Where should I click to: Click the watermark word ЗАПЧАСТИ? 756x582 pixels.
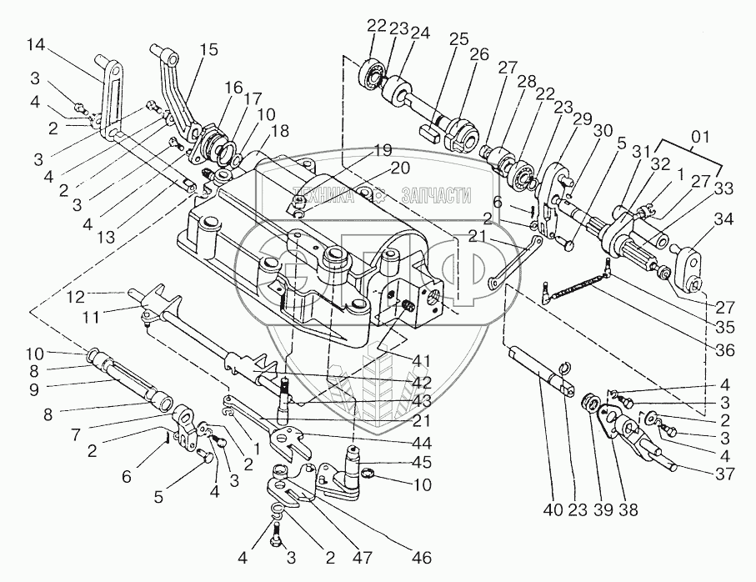click(436, 195)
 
